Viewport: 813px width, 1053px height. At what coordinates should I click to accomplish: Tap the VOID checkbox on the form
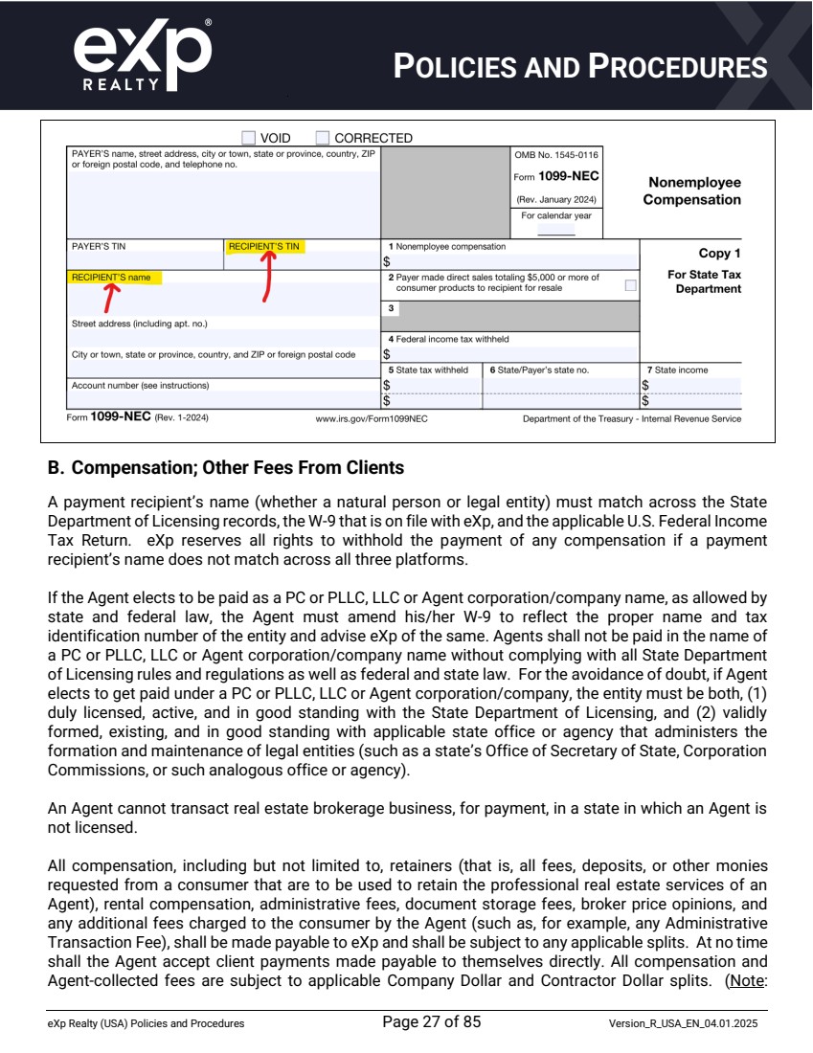(249, 138)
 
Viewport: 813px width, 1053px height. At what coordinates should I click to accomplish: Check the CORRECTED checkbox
(323, 138)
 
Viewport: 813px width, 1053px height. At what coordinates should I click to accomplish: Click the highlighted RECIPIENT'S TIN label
(264, 246)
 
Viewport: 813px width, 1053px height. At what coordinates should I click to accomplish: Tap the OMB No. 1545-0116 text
(556, 154)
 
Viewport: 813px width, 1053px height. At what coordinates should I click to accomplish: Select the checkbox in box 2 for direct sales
(630, 284)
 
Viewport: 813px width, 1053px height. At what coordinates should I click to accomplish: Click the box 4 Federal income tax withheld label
(448, 339)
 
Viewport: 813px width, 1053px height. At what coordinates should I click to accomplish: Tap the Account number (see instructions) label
(140, 385)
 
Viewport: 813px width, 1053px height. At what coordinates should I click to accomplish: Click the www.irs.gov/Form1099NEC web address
(372, 418)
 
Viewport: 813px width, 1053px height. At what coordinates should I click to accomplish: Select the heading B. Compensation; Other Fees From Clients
(226, 469)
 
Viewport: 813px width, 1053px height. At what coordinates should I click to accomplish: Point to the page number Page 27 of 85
(431, 1021)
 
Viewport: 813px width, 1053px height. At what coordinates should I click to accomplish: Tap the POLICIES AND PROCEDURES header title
(580, 67)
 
